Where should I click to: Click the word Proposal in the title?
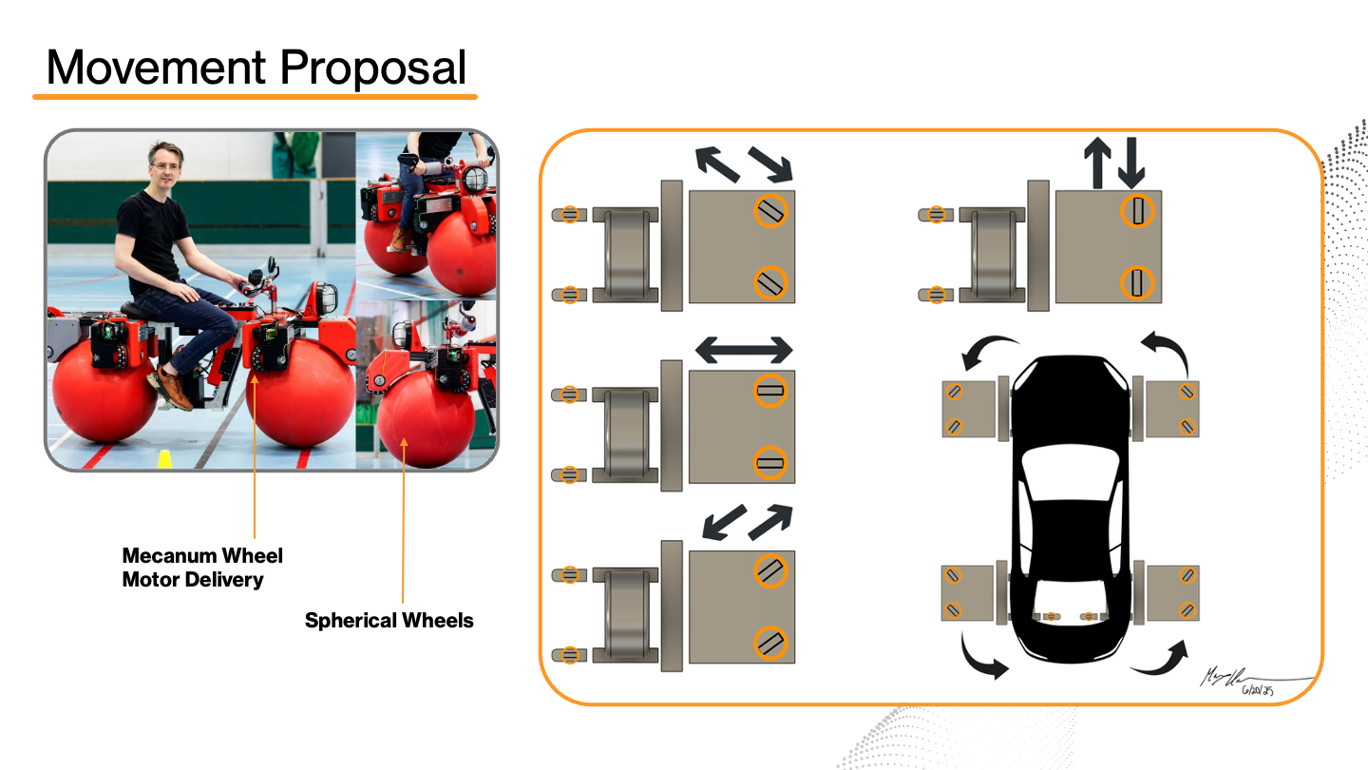point(372,68)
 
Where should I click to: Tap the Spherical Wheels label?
point(389,621)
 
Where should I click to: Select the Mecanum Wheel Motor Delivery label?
point(202,568)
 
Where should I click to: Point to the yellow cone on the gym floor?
point(165,461)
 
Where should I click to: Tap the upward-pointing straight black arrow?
point(1097,162)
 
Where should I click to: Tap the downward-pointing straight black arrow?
point(1130,162)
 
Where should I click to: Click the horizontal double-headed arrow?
point(744,350)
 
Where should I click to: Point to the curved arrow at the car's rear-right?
point(1161,658)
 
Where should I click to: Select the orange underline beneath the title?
point(255,96)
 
